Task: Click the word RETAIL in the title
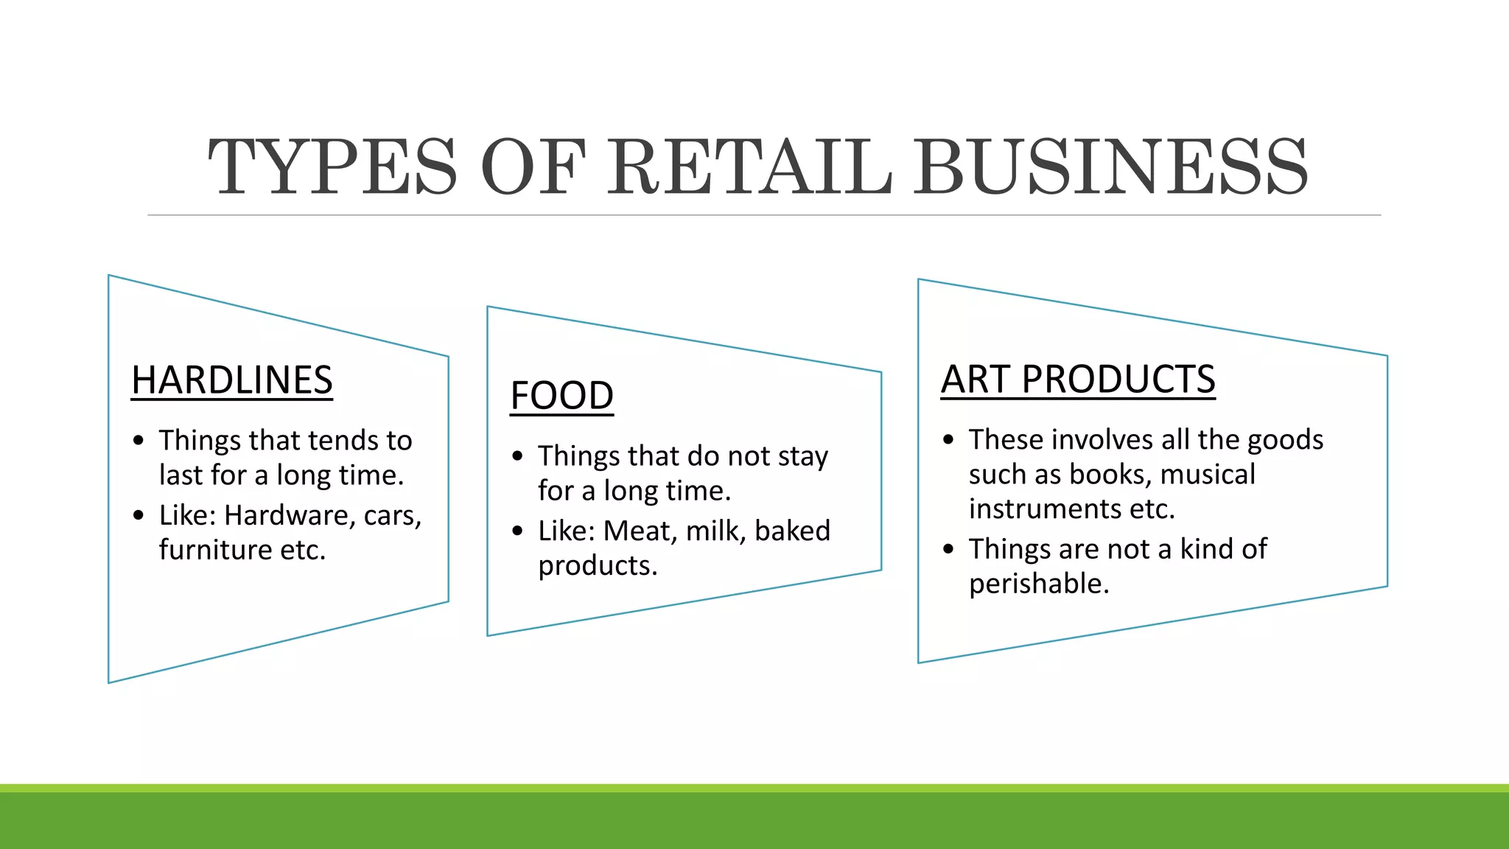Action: pyautogui.click(x=750, y=167)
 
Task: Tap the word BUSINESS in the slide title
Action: pyautogui.click(x=1110, y=167)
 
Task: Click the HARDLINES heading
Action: pyautogui.click(x=232, y=380)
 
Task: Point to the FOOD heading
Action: pyautogui.click(x=561, y=396)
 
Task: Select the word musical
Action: pyautogui.click(x=1208, y=475)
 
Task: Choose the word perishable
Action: pyautogui.click(x=1038, y=584)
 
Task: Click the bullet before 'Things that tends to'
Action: pyautogui.click(x=139, y=441)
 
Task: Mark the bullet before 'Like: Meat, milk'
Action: pyautogui.click(x=517, y=531)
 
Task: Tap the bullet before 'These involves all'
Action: pyautogui.click(x=948, y=440)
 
